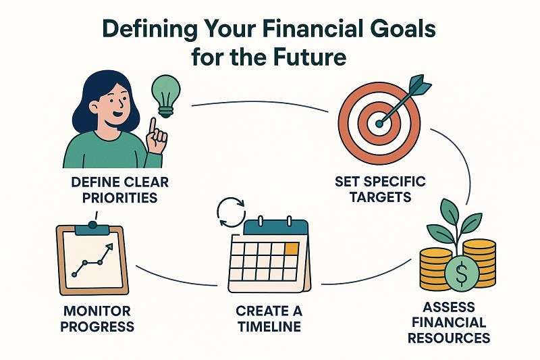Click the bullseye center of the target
[379, 124]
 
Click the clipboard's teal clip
[92, 230]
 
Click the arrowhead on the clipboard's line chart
[109, 251]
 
